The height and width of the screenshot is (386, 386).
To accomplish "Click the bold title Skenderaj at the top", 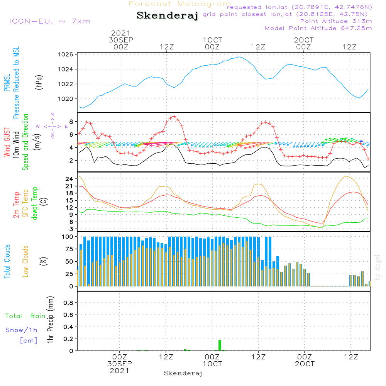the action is click(168, 16).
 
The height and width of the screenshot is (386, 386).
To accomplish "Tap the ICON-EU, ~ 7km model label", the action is click(50, 21).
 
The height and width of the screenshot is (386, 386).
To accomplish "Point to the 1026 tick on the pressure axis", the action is click(66, 54).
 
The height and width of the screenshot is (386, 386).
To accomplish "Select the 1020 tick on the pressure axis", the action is click(66, 99).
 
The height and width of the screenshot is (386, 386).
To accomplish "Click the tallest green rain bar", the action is click(220, 345).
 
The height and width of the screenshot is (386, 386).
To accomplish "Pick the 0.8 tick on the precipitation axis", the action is click(68, 303).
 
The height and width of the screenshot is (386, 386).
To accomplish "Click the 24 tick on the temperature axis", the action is click(69, 179).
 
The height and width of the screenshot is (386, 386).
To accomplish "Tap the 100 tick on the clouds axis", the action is click(68, 237).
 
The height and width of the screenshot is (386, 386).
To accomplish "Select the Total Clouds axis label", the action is click(7, 261).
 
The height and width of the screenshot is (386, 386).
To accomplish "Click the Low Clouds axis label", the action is click(25, 261).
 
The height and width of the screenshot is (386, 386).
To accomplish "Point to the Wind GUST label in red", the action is click(7, 142).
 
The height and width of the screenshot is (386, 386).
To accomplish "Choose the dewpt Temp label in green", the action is click(34, 203).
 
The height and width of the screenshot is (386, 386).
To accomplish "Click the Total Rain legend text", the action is click(25, 316).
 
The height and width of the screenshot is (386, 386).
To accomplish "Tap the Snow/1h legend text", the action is click(21, 330).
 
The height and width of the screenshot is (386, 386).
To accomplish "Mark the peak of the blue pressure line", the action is click(239, 57).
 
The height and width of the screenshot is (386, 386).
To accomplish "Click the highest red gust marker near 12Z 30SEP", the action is click(174, 116).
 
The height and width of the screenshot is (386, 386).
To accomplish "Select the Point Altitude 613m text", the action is click(336, 21).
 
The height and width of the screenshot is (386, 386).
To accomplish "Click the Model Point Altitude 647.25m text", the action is click(318, 28).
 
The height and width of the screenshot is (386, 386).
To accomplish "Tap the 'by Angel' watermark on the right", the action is click(378, 267).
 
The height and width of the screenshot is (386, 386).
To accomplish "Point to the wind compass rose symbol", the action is click(52, 126).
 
